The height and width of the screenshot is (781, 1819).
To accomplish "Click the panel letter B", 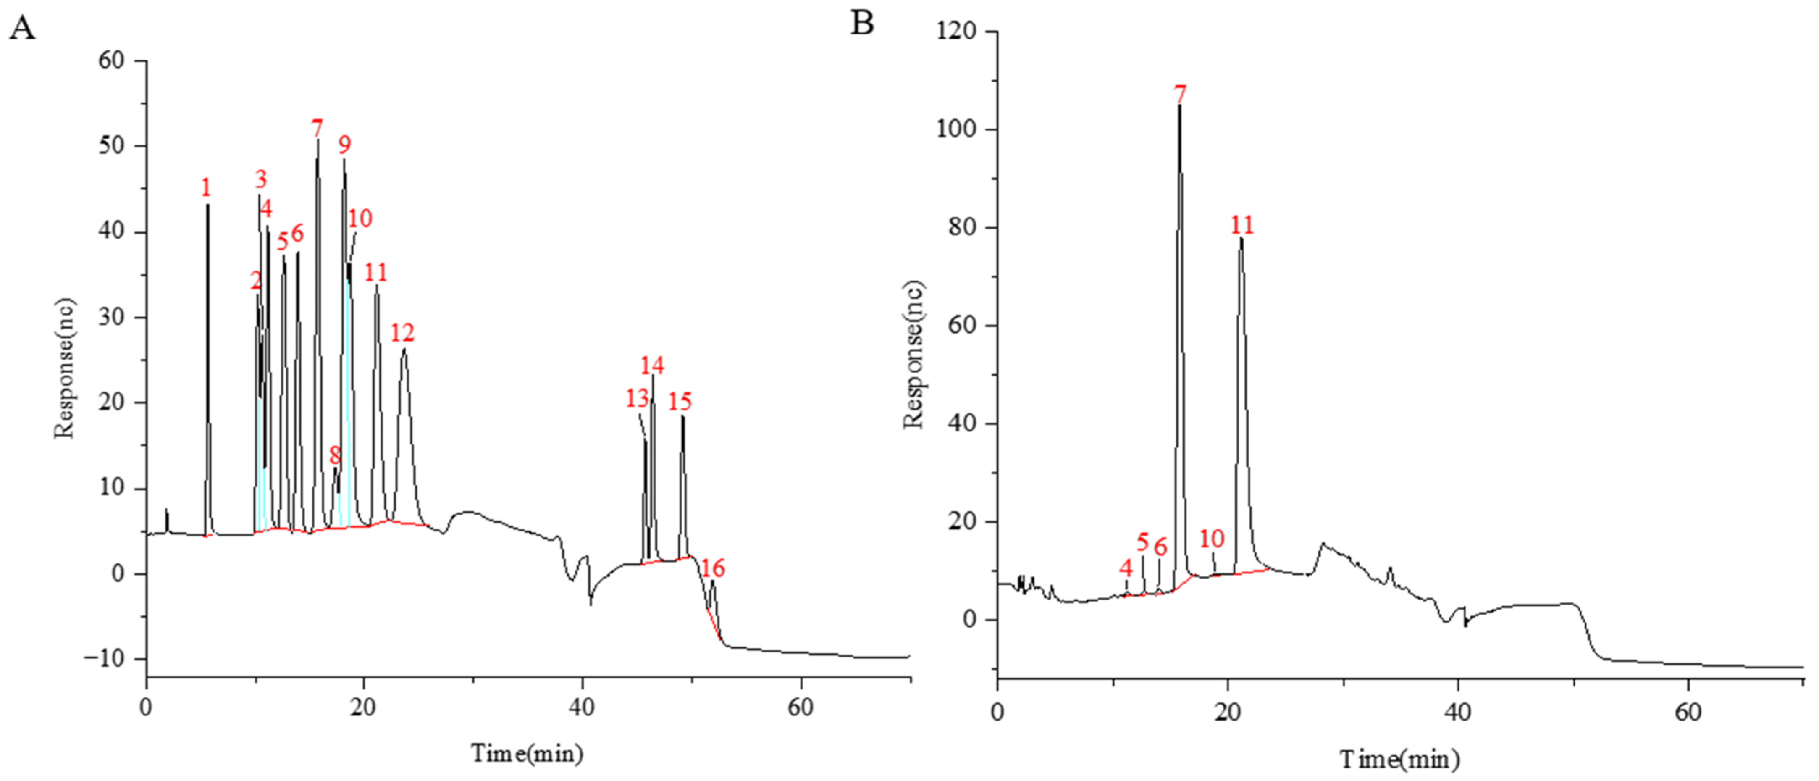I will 862,23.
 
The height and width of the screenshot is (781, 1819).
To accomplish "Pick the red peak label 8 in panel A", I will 335,455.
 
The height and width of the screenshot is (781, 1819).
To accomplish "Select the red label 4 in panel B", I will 1126,567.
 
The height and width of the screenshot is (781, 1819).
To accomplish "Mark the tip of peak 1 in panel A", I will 207,205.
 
